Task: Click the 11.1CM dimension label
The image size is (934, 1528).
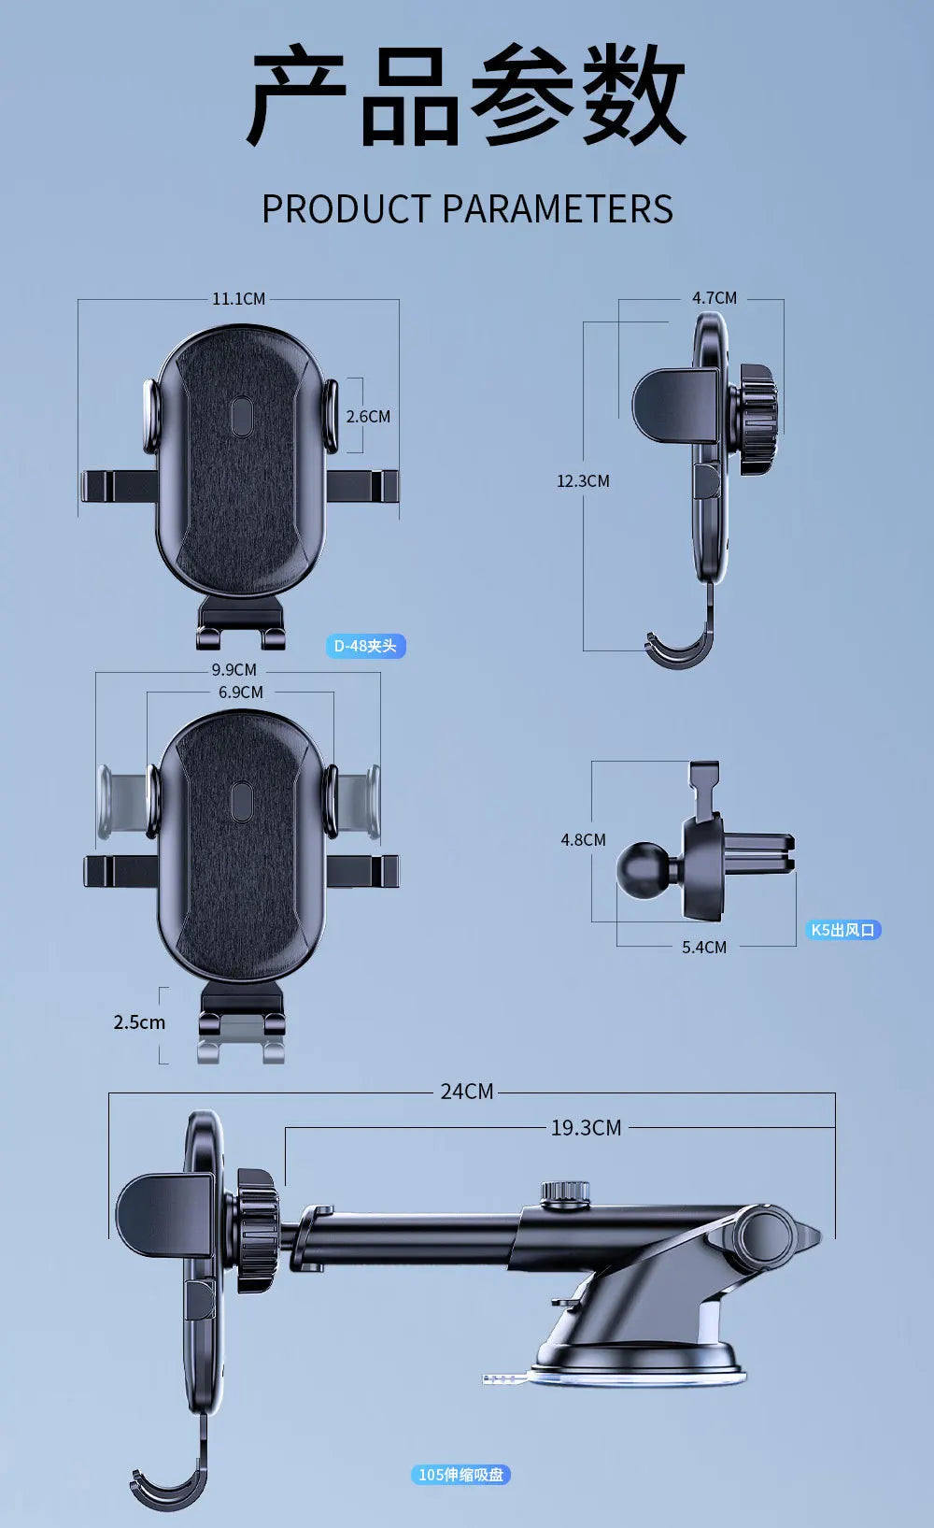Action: click(238, 299)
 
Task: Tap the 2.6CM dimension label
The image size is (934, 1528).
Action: click(368, 417)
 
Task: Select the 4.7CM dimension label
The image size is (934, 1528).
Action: click(715, 298)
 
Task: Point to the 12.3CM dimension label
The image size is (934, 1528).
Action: click(583, 481)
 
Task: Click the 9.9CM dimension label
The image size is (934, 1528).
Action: click(233, 670)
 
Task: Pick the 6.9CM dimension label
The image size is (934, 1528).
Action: click(241, 693)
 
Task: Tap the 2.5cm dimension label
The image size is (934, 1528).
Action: click(139, 1022)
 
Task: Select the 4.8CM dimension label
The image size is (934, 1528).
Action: click(583, 840)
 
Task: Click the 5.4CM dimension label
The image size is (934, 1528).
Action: click(704, 948)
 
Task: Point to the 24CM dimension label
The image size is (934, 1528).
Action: click(467, 1092)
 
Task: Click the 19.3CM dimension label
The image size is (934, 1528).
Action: click(586, 1128)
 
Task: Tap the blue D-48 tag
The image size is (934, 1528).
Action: click(365, 646)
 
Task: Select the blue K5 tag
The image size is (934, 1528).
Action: click(842, 930)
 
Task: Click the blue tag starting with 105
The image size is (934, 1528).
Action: click(460, 1475)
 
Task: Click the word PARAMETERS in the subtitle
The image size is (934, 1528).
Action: click(558, 209)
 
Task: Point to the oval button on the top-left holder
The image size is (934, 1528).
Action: click(241, 418)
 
